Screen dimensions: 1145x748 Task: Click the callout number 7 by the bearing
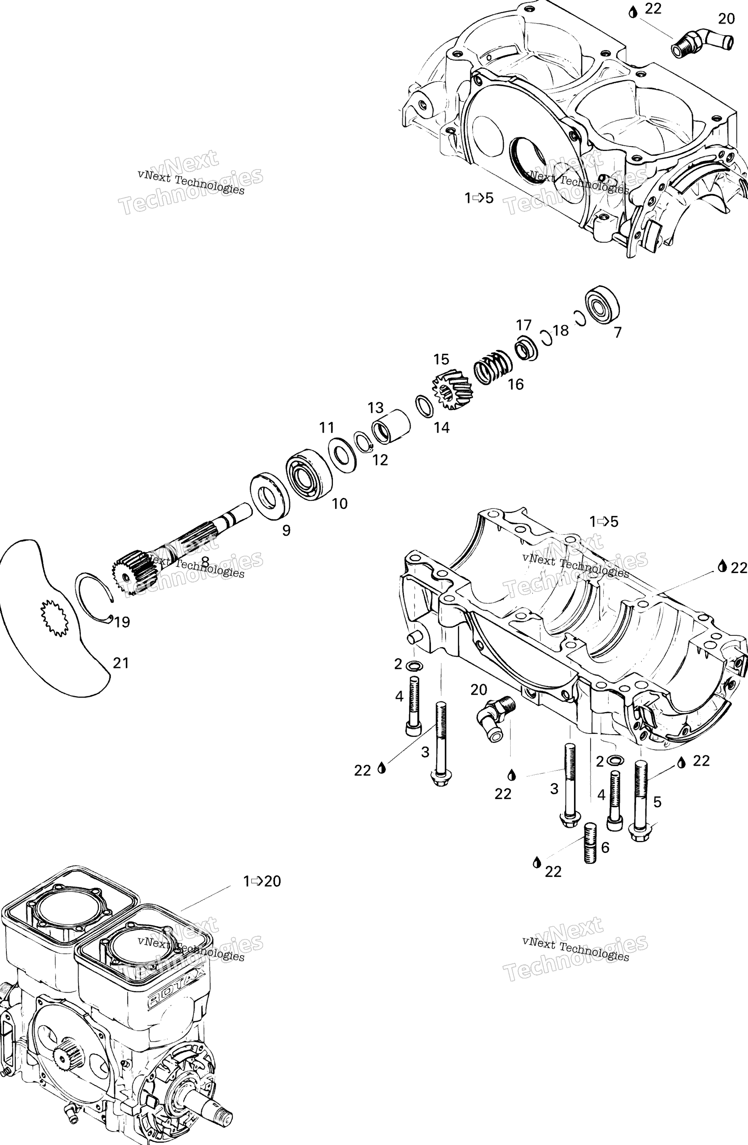click(618, 332)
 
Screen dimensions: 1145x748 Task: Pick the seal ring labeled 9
click(270, 495)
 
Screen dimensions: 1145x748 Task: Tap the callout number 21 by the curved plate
click(121, 663)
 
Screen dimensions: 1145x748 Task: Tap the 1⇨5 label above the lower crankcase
click(604, 521)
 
